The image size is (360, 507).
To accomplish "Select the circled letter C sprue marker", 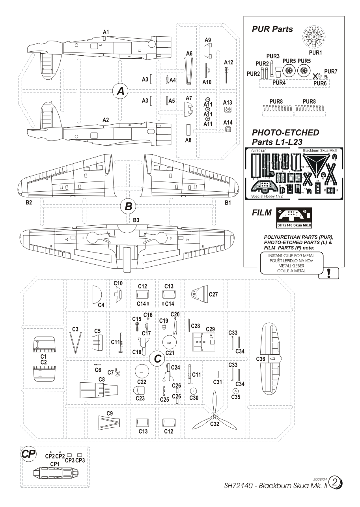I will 157,358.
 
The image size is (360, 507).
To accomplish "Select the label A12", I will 228,62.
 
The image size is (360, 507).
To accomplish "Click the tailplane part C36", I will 272,358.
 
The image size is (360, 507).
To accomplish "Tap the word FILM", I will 261,213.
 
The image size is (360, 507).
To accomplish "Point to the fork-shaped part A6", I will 189,71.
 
